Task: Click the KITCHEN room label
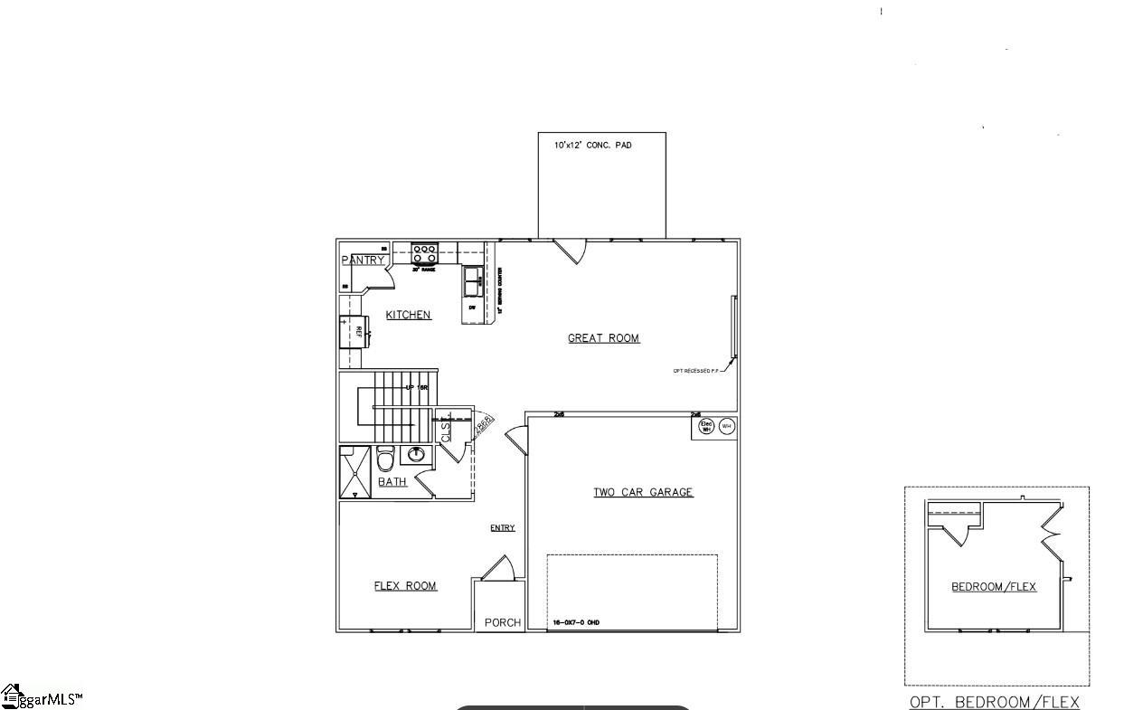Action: [408, 315]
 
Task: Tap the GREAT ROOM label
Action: [603, 338]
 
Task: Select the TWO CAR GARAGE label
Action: [643, 493]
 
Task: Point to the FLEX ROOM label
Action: [405, 586]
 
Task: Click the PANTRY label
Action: [364, 260]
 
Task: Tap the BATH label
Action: [392, 482]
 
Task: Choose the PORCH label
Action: [503, 622]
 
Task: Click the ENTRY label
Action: [503, 528]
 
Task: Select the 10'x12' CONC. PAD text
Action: [593, 145]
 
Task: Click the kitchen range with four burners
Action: [425, 253]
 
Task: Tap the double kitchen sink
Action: [473, 281]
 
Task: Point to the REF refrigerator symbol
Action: [353, 332]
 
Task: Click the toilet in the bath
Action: [384, 460]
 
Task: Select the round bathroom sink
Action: [417, 453]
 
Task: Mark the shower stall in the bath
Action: [355, 472]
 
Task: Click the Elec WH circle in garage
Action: [706, 426]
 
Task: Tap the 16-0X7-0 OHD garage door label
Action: [576, 622]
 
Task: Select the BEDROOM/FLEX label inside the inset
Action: [994, 587]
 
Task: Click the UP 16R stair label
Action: [416, 387]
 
